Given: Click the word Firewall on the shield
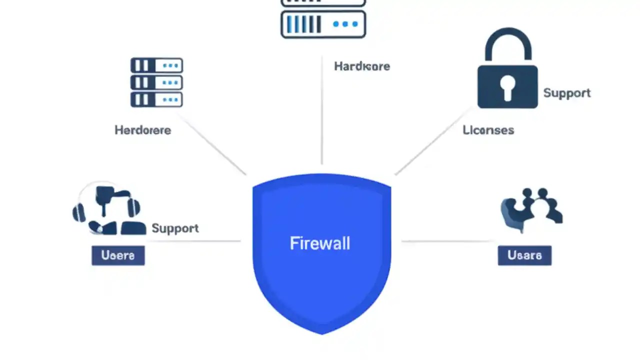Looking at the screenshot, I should pyautogui.click(x=320, y=243).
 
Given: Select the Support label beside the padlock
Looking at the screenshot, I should pyautogui.click(x=567, y=93).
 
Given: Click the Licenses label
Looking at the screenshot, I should pyautogui.click(x=488, y=130).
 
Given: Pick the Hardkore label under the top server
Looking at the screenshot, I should pyautogui.click(x=362, y=66).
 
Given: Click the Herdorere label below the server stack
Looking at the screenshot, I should pyautogui.click(x=143, y=130).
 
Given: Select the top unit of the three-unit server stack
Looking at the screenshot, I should pyautogui.click(x=156, y=65).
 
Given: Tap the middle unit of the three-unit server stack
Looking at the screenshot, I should pyautogui.click(x=156, y=82).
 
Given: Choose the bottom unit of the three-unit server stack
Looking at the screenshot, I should pyautogui.click(x=156, y=99).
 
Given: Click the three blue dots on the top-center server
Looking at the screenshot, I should pyautogui.click(x=345, y=24).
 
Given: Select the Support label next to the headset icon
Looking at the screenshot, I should pyautogui.click(x=175, y=228).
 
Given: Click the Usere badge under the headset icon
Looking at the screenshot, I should pyautogui.click(x=118, y=255).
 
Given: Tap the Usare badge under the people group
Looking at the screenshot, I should pyautogui.click(x=524, y=255).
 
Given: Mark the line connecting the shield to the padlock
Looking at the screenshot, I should pyautogui.click(x=432, y=141).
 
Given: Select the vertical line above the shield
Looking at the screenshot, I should pyautogui.click(x=321, y=115).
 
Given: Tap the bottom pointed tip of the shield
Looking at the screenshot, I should pyautogui.click(x=321, y=332).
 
